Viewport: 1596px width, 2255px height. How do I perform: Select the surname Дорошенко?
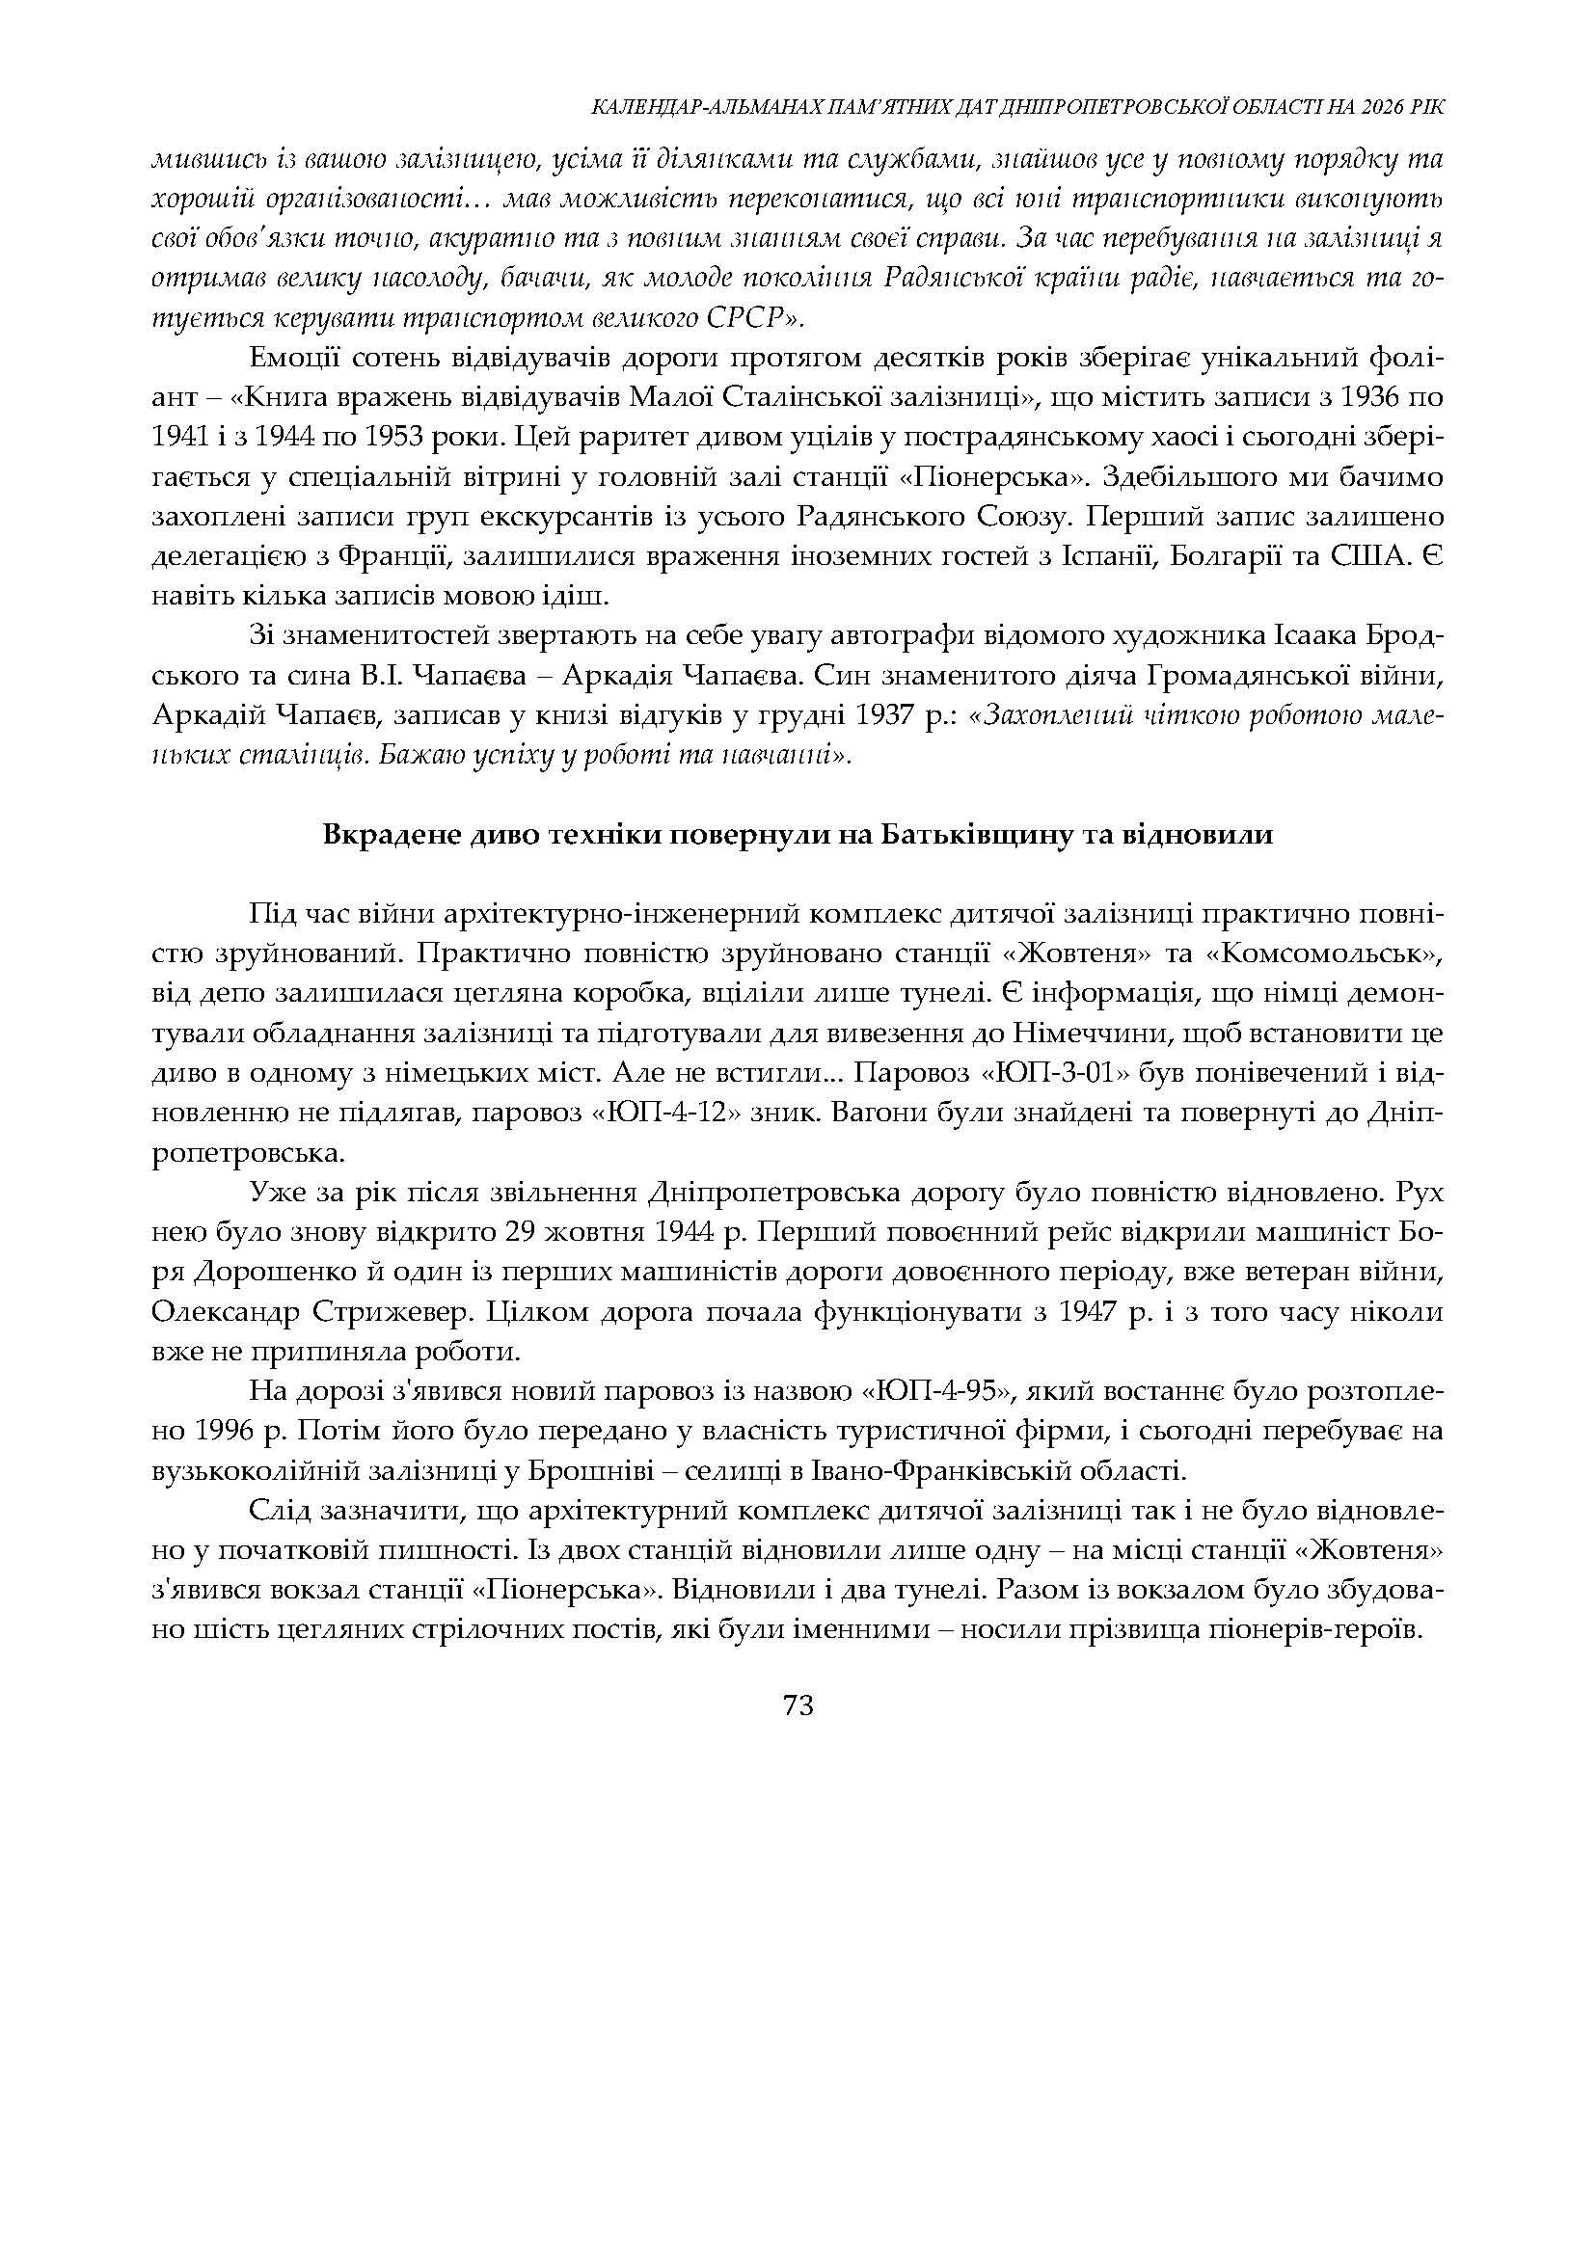tap(267, 1272)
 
